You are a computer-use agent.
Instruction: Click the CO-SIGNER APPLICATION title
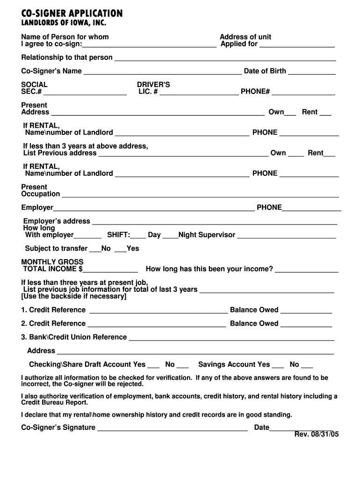pyautogui.click(x=72, y=13)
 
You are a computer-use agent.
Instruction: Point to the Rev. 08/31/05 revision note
pyautogui.click(x=317, y=435)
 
